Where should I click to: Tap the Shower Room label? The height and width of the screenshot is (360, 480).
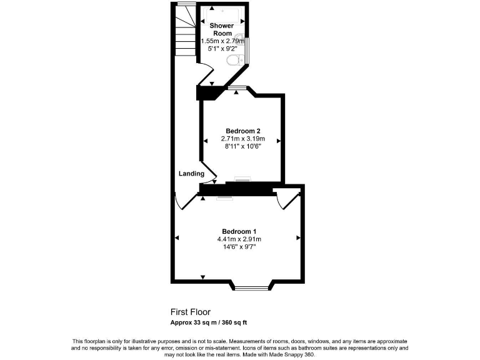pyautogui.click(x=221, y=29)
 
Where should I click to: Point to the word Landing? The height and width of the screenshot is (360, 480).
pyautogui.click(x=191, y=174)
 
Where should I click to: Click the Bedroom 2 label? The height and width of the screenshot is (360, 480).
pyautogui.click(x=242, y=131)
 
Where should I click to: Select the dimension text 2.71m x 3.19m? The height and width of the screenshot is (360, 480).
pyautogui.click(x=242, y=139)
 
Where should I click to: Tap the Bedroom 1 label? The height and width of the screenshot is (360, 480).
pyautogui.click(x=238, y=231)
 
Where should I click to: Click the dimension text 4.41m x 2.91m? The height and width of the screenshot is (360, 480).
pyautogui.click(x=238, y=239)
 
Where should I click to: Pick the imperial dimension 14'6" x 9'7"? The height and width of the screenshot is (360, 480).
pyautogui.click(x=238, y=247)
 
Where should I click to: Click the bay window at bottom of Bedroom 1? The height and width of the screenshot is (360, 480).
pyautogui.click(x=254, y=288)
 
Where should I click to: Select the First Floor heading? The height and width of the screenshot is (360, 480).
pyautogui.click(x=191, y=311)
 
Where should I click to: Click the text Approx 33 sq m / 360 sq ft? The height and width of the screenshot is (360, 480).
pyautogui.click(x=209, y=322)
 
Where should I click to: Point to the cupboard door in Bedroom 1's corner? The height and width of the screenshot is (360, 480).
pyautogui.click(x=288, y=199)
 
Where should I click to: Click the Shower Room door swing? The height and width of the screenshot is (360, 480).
pyautogui.click(x=205, y=78)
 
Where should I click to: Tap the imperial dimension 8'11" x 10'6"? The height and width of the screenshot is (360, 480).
pyautogui.click(x=242, y=147)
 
